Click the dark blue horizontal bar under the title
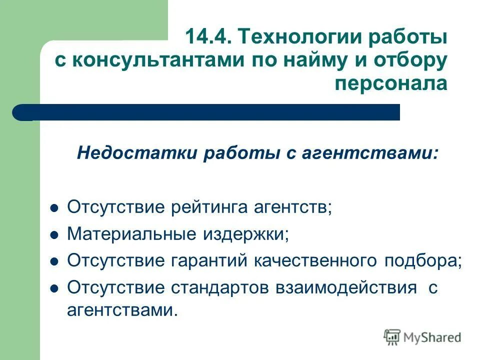210,112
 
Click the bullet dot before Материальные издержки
55,234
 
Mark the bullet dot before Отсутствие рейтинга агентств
55,207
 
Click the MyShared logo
423,337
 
